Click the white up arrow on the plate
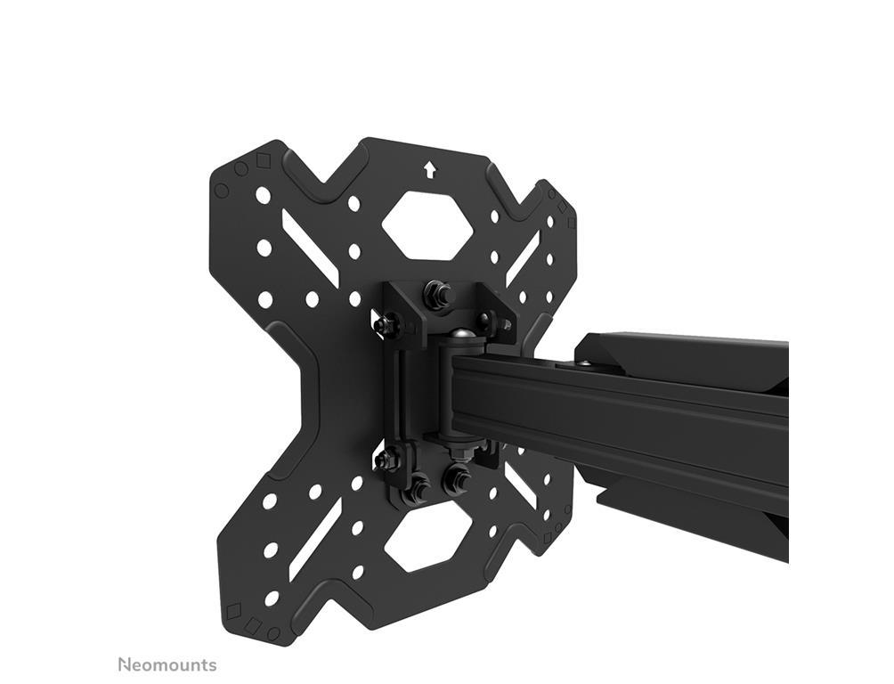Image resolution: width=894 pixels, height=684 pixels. coord(429,169)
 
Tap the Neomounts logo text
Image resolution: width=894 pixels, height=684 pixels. coord(167,664)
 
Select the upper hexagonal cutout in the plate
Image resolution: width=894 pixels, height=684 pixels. coord(427,224)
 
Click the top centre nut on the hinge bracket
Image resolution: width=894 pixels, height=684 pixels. coord(438,294)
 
